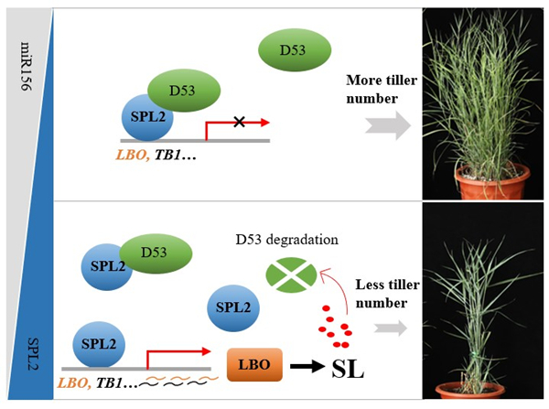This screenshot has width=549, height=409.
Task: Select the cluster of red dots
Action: pyautogui.click(x=332, y=327)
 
